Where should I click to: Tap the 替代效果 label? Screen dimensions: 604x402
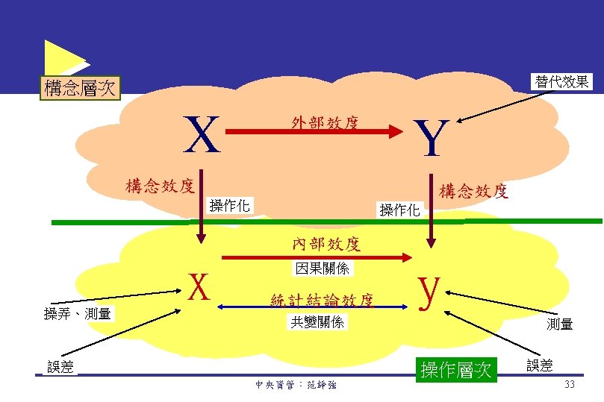click(561, 81)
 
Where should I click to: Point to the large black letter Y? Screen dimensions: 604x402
click(432, 139)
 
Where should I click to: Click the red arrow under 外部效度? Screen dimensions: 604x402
click(314, 133)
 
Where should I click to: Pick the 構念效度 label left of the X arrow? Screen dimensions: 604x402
click(160, 185)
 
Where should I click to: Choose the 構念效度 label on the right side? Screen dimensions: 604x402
click(473, 192)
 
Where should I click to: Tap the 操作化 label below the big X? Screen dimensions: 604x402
click(229, 205)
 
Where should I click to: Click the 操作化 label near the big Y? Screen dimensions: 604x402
click(400, 210)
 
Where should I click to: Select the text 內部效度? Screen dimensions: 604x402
click(326, 244)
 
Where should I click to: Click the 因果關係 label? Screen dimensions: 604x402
click(322, 267)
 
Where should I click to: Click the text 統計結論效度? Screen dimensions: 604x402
click(321, 301)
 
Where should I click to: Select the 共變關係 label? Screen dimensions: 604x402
click(317, 322)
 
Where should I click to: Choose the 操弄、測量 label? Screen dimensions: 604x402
click(78, 314)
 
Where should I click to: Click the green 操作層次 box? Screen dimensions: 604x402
click(457, 368)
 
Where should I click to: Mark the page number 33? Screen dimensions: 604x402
click(569, 384)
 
